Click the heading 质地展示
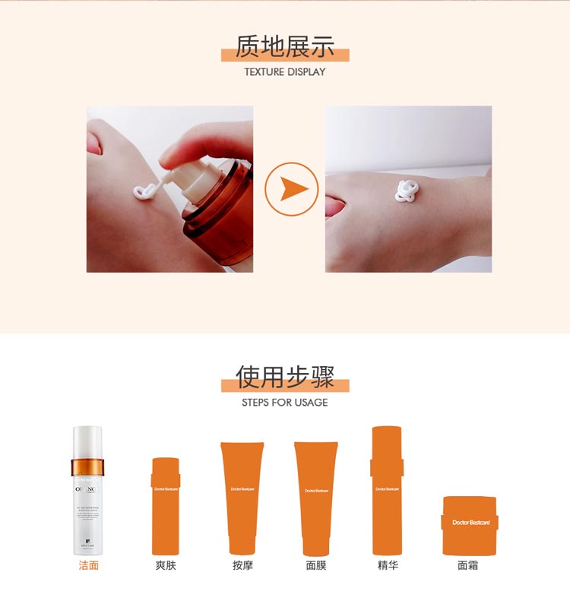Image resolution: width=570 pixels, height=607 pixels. pyautogui.click(x=285, y=46)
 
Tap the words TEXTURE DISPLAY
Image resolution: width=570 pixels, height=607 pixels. pyautogui.click(x=285, y=72)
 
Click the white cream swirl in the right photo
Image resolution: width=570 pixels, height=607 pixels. pyautogui.click(x=405, y=191)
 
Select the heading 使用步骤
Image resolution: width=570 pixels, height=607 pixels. pyautogui.click(x=285, y=377)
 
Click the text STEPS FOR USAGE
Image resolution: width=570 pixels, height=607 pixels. pyautogui.click(x=285, y=403)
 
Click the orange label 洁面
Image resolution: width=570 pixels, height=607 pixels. pyautogui.click(x=89, y=565)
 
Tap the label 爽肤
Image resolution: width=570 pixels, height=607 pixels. pyautogui.click(x=166, y=565)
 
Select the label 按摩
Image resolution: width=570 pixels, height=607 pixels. pyautogui.click(x=242, y=565)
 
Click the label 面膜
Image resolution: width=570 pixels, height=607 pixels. pyautogui.click(x=316, y=565)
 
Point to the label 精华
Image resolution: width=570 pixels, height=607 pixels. pyautogui.click(x=388, y=565)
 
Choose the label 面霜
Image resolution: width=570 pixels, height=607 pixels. pyautogui.click(x=468, y=565)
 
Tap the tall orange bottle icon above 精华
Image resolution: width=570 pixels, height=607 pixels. pyautogui.click(x=387, y=490)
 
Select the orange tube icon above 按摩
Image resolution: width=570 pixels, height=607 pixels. pyautogui.click(x=242, y=498)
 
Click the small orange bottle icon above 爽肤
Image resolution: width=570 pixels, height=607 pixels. pyautogui.click(x=166, y=505)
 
